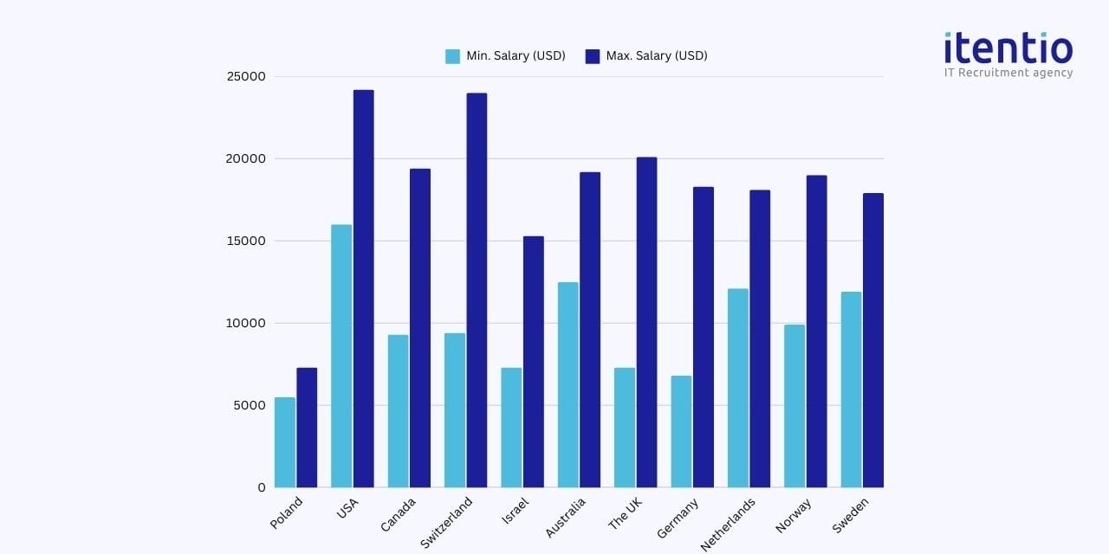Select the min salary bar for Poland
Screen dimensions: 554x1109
point(285,442)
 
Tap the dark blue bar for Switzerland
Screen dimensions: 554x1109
point(477,290)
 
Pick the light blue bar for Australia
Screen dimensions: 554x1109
point(567,384)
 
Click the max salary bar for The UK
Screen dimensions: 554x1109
point(646,322)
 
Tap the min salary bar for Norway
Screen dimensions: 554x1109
point(794,406)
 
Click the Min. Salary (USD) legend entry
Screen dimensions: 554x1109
point(506,56)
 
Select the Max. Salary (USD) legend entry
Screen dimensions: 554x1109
point(646,56)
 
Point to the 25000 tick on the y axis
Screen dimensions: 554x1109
point(246,76)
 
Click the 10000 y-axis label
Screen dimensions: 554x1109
point(246,323)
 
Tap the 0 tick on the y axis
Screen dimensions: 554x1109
point(261,487)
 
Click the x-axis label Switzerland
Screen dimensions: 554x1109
point(447,521)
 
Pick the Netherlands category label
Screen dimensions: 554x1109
point(728,525)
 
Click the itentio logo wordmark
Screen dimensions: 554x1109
point(1008,48)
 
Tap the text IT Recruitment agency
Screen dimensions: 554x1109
point(1008,73)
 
